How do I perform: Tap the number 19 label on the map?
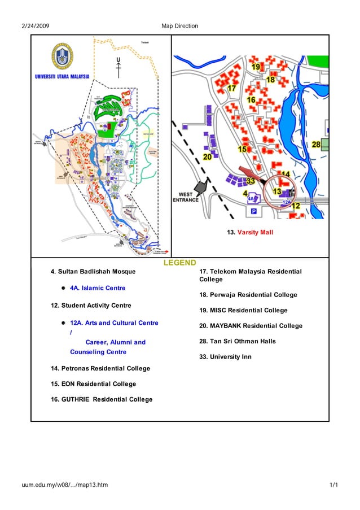pos(256,67)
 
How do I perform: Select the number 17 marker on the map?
pos(231,89)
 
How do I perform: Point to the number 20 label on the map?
pos(207,156)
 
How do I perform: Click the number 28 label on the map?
pos(316,145)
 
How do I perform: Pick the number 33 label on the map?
pos(251,181)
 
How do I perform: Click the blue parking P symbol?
pos(253,211)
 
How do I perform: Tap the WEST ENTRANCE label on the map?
pos(185,197)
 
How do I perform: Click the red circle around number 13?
pos(279,192)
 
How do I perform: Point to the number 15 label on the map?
pos(242,149)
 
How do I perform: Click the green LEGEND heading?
pos(180,263)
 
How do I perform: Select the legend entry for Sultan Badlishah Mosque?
pos(93,272)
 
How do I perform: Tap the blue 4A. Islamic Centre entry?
pos(97,288)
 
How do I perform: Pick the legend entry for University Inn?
pos(225,357)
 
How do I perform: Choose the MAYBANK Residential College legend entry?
pos(251,326)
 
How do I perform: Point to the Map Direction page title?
pos(179,26)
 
